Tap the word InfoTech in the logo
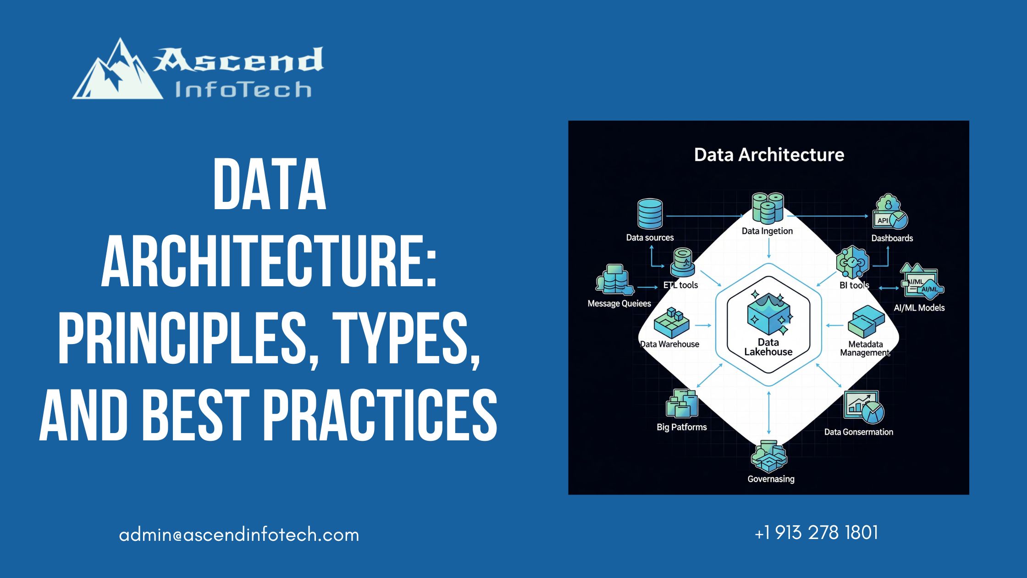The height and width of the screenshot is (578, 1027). (x=243, y=90)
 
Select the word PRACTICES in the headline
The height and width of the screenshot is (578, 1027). (x=380, y=415)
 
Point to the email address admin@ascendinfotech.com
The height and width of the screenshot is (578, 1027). (x=239, y=535)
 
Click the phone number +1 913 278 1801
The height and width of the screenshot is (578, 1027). (x=816, y=533)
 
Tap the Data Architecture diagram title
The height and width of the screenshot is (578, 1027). (x=769, y=155)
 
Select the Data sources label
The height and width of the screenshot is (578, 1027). (x=650, y=238)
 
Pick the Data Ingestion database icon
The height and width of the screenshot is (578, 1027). (x=767, y=208)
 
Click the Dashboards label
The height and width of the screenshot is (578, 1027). (x=892, y=238)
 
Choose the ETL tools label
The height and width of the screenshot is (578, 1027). (x=680, y=285)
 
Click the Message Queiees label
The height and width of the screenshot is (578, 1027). (x=619, y=304)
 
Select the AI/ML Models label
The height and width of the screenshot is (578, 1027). (x=919, y=308)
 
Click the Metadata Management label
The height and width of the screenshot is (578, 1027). (x=865, y=348)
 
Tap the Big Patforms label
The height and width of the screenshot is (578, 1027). (x=681, y=427)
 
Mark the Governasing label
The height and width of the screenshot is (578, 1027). (x=771, y=479)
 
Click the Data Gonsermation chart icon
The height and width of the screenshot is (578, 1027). (x=864, y=407)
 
